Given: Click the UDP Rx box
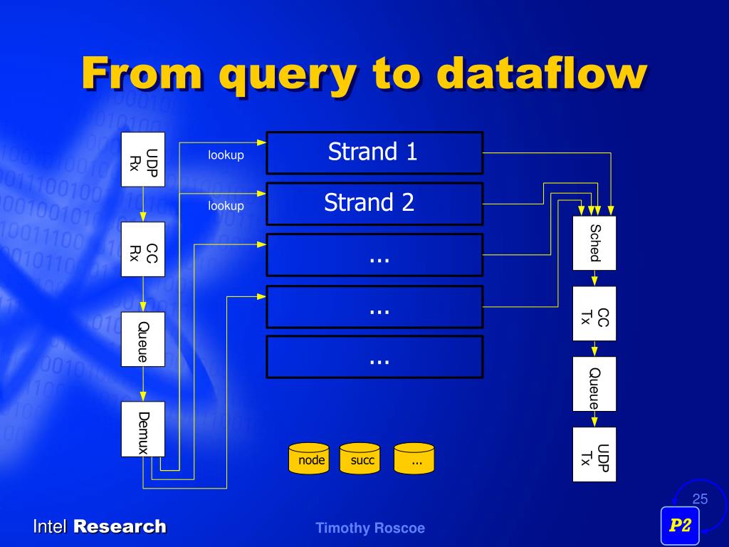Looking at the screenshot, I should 143,159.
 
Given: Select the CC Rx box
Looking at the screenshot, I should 143,249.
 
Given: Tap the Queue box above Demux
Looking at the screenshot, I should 143,339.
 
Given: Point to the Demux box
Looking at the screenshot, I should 143,429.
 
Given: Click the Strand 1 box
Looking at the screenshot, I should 374,152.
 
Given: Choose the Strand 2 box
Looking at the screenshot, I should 374,204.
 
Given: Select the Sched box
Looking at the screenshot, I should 594,243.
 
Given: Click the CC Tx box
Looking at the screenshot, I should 594,313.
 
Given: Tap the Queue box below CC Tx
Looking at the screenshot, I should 594,384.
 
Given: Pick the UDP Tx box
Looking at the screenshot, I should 594,454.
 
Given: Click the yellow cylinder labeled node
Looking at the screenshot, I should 311,459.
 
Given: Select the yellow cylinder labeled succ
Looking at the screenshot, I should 362,459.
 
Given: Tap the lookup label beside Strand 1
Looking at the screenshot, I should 226,155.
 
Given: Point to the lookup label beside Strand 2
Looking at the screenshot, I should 226,206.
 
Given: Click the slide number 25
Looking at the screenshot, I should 700,499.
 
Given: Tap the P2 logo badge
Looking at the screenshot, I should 680,526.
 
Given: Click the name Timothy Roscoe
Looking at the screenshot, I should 370,528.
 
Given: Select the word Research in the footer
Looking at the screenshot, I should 120,527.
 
